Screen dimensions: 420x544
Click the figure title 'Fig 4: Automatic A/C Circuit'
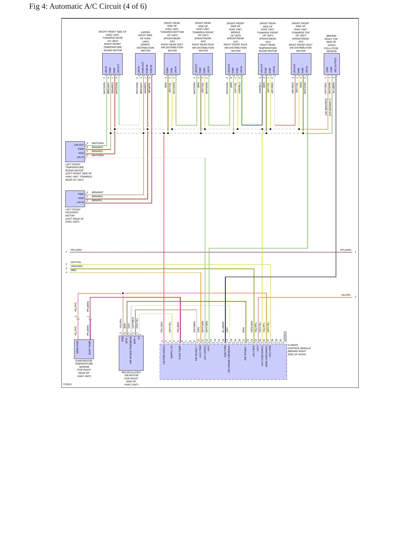75,6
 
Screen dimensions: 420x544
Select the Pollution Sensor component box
332,64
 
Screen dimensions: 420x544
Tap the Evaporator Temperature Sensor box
84,349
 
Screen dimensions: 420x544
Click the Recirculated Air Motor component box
131,353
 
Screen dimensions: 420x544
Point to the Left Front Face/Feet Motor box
75,199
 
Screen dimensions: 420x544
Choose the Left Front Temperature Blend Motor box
75,152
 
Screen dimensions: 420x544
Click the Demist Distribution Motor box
145,64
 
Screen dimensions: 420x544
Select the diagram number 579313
67,384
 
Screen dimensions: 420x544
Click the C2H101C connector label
285,336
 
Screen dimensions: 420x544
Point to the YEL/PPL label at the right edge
346,295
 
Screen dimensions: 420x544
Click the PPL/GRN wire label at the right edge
346,250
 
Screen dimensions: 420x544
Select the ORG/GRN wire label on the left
77,266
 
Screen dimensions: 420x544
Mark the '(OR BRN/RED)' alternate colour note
326,107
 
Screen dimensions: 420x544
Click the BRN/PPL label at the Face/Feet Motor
97,200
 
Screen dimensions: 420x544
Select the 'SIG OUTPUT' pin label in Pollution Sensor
335,65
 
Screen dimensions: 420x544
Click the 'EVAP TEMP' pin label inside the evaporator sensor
90,348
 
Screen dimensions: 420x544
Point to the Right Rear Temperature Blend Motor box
268,64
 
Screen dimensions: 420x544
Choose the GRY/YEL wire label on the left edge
76,262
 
